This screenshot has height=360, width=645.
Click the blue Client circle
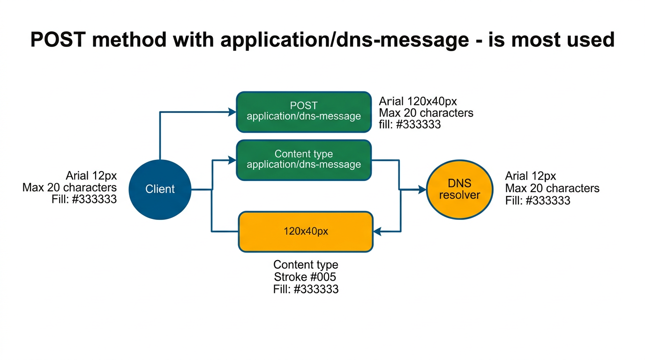coord(160,189)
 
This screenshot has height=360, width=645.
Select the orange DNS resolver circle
coord(460,189)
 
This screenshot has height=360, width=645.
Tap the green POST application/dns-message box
coord(304,112)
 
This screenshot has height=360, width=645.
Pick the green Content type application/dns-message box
coord(304,159)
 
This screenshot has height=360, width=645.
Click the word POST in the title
coord(58,40)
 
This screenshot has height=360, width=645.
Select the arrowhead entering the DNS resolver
coord(422,189)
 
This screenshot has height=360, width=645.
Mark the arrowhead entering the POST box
coord(232,112)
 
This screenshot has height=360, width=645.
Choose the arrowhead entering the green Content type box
coord(232,160)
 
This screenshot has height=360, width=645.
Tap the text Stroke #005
coord(305,277)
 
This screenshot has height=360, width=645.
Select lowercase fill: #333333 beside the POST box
coord(410,125)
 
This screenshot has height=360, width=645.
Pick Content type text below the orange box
coord(306,265)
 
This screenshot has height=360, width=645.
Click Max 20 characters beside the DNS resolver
coord(552,188)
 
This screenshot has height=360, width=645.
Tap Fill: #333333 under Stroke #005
coord(306,289)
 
